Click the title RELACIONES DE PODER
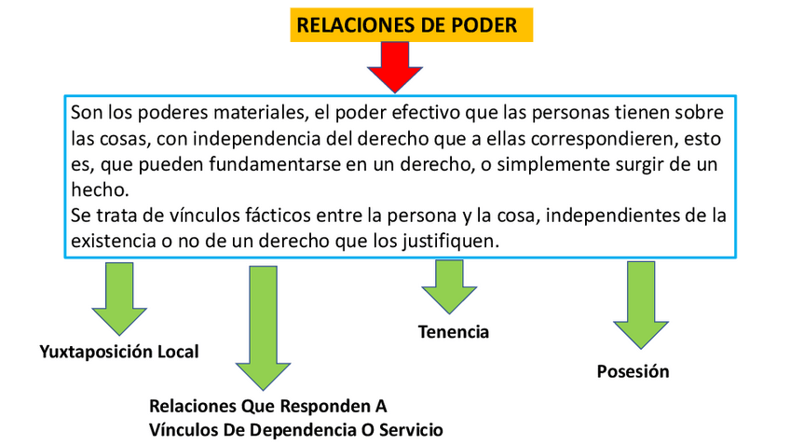406,25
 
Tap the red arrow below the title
394,67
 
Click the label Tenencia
454,332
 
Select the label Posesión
633,371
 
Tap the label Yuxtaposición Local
119,352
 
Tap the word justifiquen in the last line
454,241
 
